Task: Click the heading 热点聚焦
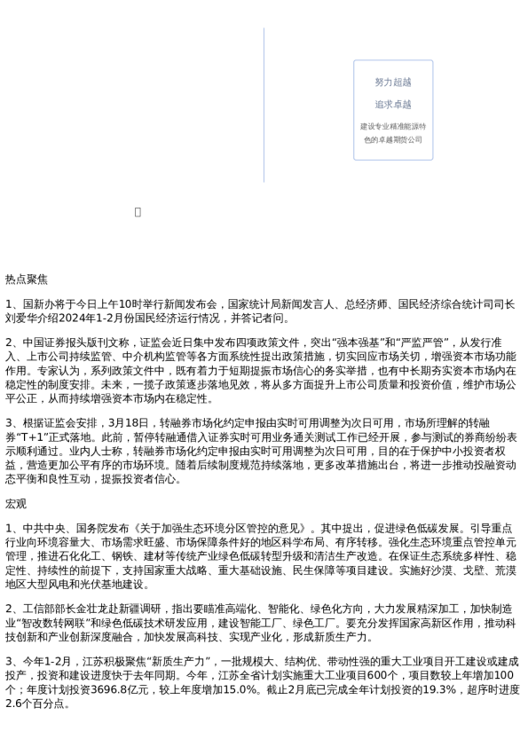(27, 279)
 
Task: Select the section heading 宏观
(16, 504)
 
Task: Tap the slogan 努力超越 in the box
(392, 83)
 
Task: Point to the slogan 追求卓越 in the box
(392, 105)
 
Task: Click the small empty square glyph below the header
(138, 212)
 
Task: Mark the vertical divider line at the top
(264, 105)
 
